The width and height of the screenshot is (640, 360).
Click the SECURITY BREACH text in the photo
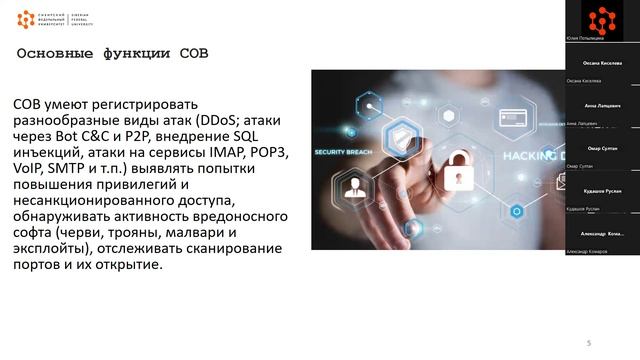point(343,153)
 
